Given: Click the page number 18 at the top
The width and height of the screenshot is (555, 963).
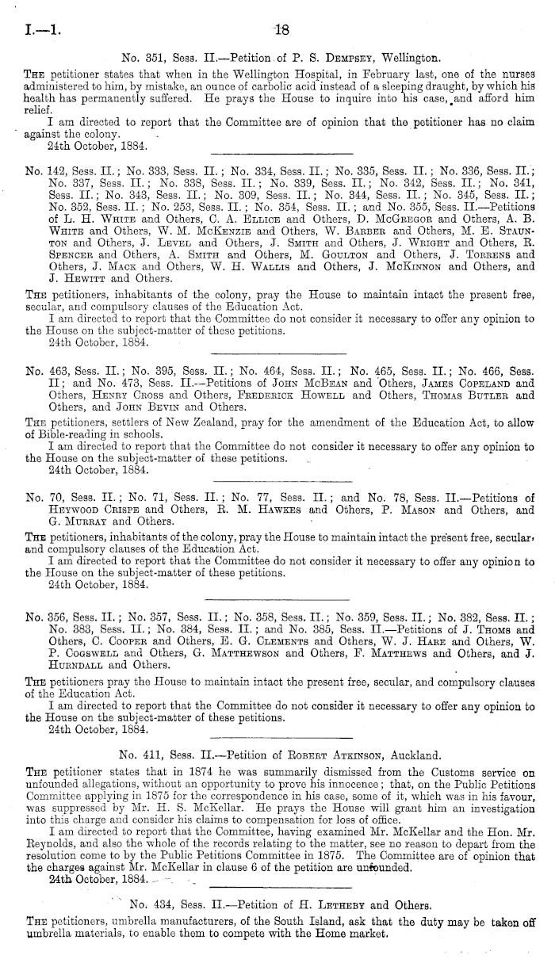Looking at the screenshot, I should (281, 32).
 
